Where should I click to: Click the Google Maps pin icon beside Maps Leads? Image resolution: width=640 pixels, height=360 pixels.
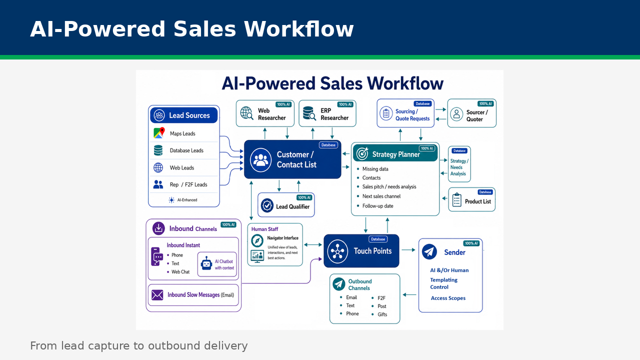pos(159,133)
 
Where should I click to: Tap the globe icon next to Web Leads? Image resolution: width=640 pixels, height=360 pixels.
pos(158,167)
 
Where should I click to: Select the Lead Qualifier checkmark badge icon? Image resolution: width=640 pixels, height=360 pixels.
pos(267,205)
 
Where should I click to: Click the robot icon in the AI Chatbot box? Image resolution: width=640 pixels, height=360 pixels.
pos(206,263)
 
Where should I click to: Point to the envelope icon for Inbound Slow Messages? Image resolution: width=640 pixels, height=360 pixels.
pos(157,295)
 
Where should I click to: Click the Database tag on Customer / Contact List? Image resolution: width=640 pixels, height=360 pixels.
pos(328,145)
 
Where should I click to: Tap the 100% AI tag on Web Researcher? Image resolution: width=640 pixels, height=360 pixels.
pos(283,104)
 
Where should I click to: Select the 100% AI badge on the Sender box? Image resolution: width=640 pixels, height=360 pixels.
pos(471,243)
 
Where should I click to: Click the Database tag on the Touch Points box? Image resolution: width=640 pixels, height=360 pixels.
pos(378,239)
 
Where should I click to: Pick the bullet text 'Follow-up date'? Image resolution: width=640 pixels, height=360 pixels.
pos(377,206)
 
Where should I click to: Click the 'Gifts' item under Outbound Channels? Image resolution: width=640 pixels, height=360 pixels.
pos(382,314)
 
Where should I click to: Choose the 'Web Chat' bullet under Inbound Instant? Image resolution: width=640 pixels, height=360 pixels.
pos(180,272)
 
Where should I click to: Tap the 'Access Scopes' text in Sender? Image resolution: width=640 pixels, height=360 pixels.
pos(448,298)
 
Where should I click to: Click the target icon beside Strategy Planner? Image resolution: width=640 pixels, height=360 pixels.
pos(362,153)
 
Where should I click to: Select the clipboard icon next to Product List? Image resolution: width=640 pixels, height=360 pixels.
pos(457,199)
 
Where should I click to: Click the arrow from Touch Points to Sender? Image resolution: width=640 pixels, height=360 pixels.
pos(408,250)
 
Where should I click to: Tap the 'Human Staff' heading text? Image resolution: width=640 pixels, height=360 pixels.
pos(264,229)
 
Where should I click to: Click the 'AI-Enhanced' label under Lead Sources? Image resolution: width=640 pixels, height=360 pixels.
pos(187,200)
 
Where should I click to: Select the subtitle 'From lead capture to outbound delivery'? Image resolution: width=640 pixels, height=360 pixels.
pos(139,345)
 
